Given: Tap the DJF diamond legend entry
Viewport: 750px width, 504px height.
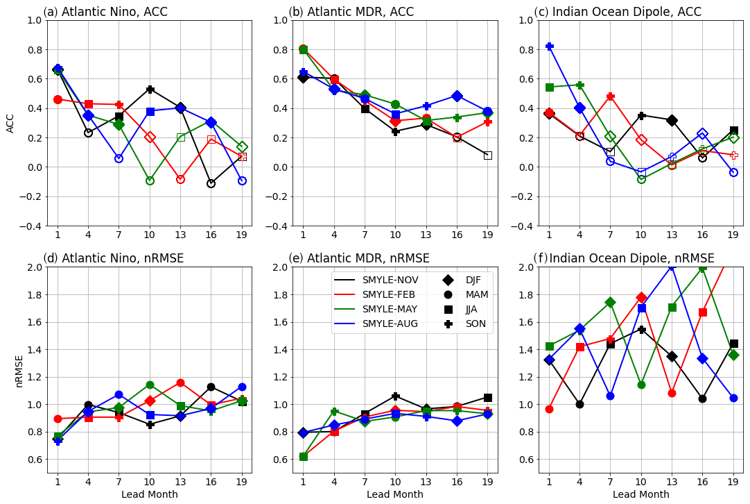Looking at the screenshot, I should pyautogui.click(x=464, y=280).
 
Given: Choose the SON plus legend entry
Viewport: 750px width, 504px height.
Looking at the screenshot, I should pyautogui.click(x=464, y=324).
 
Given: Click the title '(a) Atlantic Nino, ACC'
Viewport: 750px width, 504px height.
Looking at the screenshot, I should pyautogui.click(x=105, y=12).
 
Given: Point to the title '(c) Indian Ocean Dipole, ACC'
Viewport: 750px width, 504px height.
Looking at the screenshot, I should pyautogui.click(x=618, y=12).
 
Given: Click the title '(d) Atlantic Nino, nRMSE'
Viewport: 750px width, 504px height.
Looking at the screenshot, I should pyautogui.click(x=114, y=258).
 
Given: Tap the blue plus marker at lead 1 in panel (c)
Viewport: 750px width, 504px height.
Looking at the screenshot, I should pyautogui.click(x=549, y=46).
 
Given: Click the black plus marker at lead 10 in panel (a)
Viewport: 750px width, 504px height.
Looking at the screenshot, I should pyautogui.click(x=150, y=90).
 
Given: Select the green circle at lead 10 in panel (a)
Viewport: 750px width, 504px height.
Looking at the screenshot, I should pyautogui.click(x=150, y=180).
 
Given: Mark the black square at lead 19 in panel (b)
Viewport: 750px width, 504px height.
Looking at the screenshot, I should pyautogui.click(x=487, y=156).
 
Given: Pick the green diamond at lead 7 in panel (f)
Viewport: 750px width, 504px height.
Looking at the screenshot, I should pyautogui.click(x=610, y=302).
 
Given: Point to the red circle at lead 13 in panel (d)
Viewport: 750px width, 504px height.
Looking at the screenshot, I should pyautogui.click(x=180, y=383).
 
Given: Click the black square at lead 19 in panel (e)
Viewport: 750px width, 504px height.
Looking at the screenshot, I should pyautogui.click(x=487, y=398).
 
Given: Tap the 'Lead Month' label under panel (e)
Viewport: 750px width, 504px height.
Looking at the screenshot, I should pyautogui.click(x=395, y=494).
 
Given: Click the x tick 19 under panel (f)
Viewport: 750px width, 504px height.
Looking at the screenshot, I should pyautogui.click(x=733, y=481).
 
